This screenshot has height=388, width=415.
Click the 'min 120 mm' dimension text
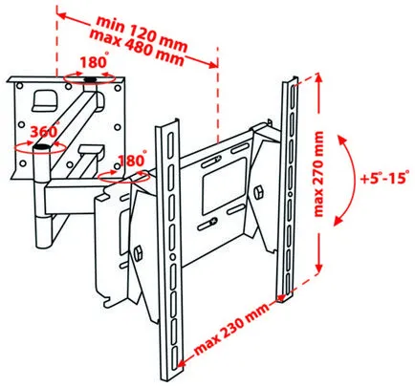142,32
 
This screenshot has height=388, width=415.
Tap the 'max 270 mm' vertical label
318,174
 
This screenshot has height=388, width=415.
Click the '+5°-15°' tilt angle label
384,177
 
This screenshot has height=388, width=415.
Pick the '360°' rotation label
45,130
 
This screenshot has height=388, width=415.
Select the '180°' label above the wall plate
94,61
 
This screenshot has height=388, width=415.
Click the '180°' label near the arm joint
132,160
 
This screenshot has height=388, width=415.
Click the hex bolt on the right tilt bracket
258,191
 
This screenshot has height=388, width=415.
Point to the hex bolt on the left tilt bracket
139,253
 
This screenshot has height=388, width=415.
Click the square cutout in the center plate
225,187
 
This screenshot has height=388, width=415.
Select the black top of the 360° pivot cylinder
41,147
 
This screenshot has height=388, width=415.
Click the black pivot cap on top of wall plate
91,79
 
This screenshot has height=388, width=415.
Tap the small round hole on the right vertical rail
290,194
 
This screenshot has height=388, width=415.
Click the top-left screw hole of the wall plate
20,86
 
